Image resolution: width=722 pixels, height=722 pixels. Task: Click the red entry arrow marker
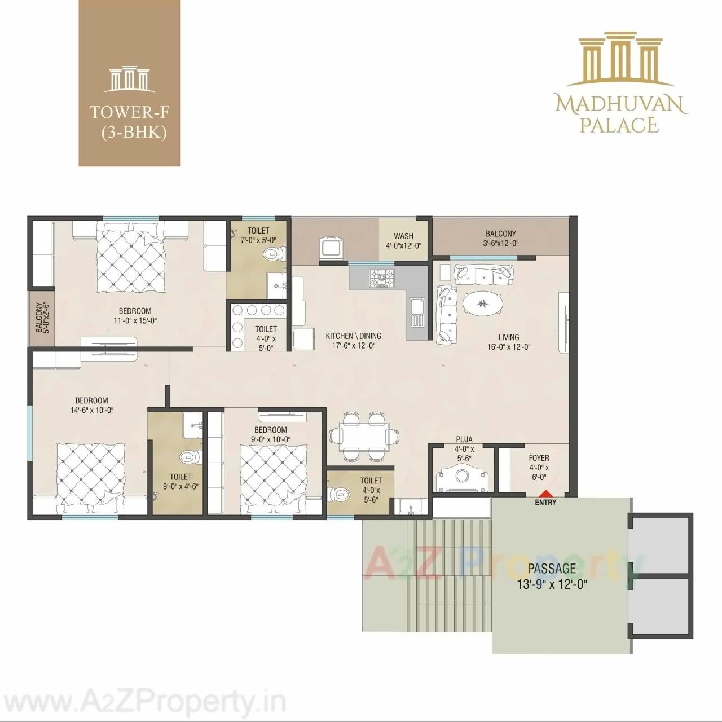(544, 492)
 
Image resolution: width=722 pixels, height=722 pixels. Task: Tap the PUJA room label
(464, 439)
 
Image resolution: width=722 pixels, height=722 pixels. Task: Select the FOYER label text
(539, 458)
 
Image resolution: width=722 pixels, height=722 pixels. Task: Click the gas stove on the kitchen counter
(382, 277)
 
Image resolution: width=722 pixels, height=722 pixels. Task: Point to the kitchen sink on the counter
(416, 311)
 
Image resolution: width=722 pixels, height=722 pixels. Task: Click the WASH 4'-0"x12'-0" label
(403, 241)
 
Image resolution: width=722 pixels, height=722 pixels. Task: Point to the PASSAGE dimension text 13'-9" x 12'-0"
(552, 585)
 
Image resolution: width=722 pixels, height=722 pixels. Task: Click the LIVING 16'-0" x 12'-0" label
(508, 342)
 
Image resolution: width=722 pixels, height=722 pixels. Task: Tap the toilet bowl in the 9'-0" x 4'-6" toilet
(186, 456)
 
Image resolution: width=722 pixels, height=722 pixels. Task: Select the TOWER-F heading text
(130, 112)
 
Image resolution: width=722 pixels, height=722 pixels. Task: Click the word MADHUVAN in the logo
(620, 104)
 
